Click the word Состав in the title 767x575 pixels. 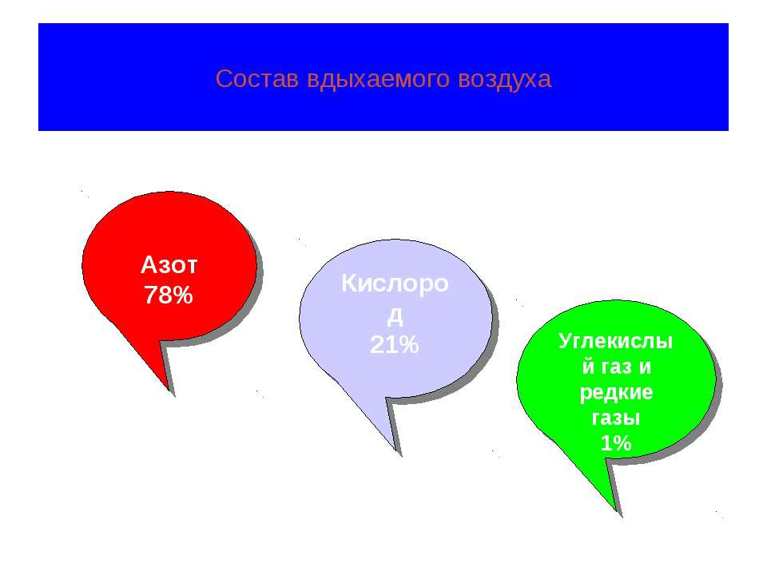(x=256, y=79)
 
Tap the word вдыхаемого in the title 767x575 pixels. (x=378, y=80)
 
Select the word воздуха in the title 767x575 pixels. (x=505, y=80)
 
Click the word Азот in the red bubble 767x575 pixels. (x=169, y=265)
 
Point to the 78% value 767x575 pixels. (x=169, y=295)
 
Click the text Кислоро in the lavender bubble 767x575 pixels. (x=395, y=283)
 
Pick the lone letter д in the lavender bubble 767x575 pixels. (x=395, y=316)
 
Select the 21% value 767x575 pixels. (x=394, y=344)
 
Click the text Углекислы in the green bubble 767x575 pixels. (x=615, y=341)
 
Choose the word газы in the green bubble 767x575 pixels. (x=616, y=418)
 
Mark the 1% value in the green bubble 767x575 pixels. (x=616, y=443)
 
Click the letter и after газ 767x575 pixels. (x=645, y=367)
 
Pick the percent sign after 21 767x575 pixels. (x=409, y=344)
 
